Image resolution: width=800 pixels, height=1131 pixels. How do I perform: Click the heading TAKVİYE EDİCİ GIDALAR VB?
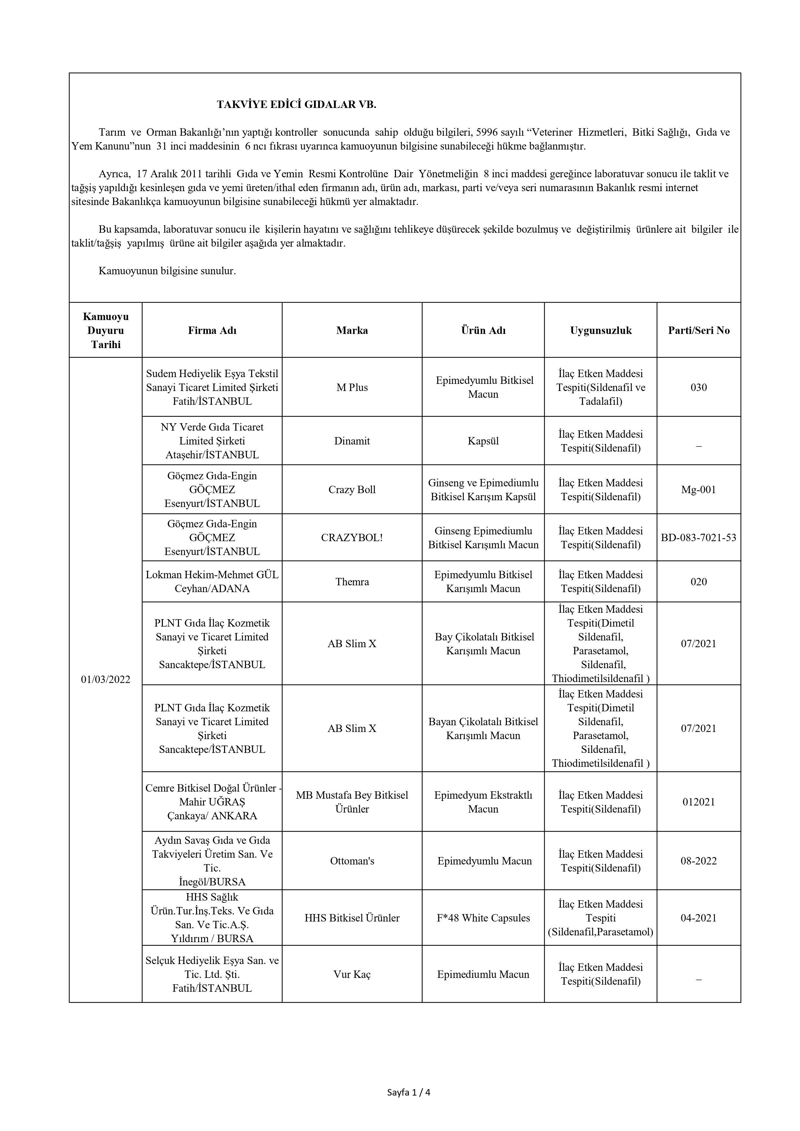(296, 104)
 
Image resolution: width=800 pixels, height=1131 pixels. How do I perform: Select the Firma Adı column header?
(212, 330)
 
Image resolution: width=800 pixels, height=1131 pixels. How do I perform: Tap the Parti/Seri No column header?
(698, 330)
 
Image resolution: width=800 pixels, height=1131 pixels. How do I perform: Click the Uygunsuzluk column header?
(600, 330)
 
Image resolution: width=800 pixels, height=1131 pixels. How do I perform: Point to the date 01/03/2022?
(105, 679)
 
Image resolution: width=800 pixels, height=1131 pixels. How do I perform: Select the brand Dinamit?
(352, 441)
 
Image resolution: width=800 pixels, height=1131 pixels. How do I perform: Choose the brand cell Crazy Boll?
(352, 490)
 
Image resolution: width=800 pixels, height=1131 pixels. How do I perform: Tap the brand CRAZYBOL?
(352, 537)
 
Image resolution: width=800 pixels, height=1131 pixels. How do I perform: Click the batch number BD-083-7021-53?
(698, 537)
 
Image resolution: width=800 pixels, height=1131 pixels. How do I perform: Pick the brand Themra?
(352, 582)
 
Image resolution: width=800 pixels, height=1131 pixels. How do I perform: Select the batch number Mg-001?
(698, 490)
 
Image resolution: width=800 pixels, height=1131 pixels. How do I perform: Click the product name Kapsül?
(483, 441)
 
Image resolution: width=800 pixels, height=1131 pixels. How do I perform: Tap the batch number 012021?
(698, 802)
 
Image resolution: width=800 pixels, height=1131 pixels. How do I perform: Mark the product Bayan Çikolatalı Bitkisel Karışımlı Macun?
(483, 728)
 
